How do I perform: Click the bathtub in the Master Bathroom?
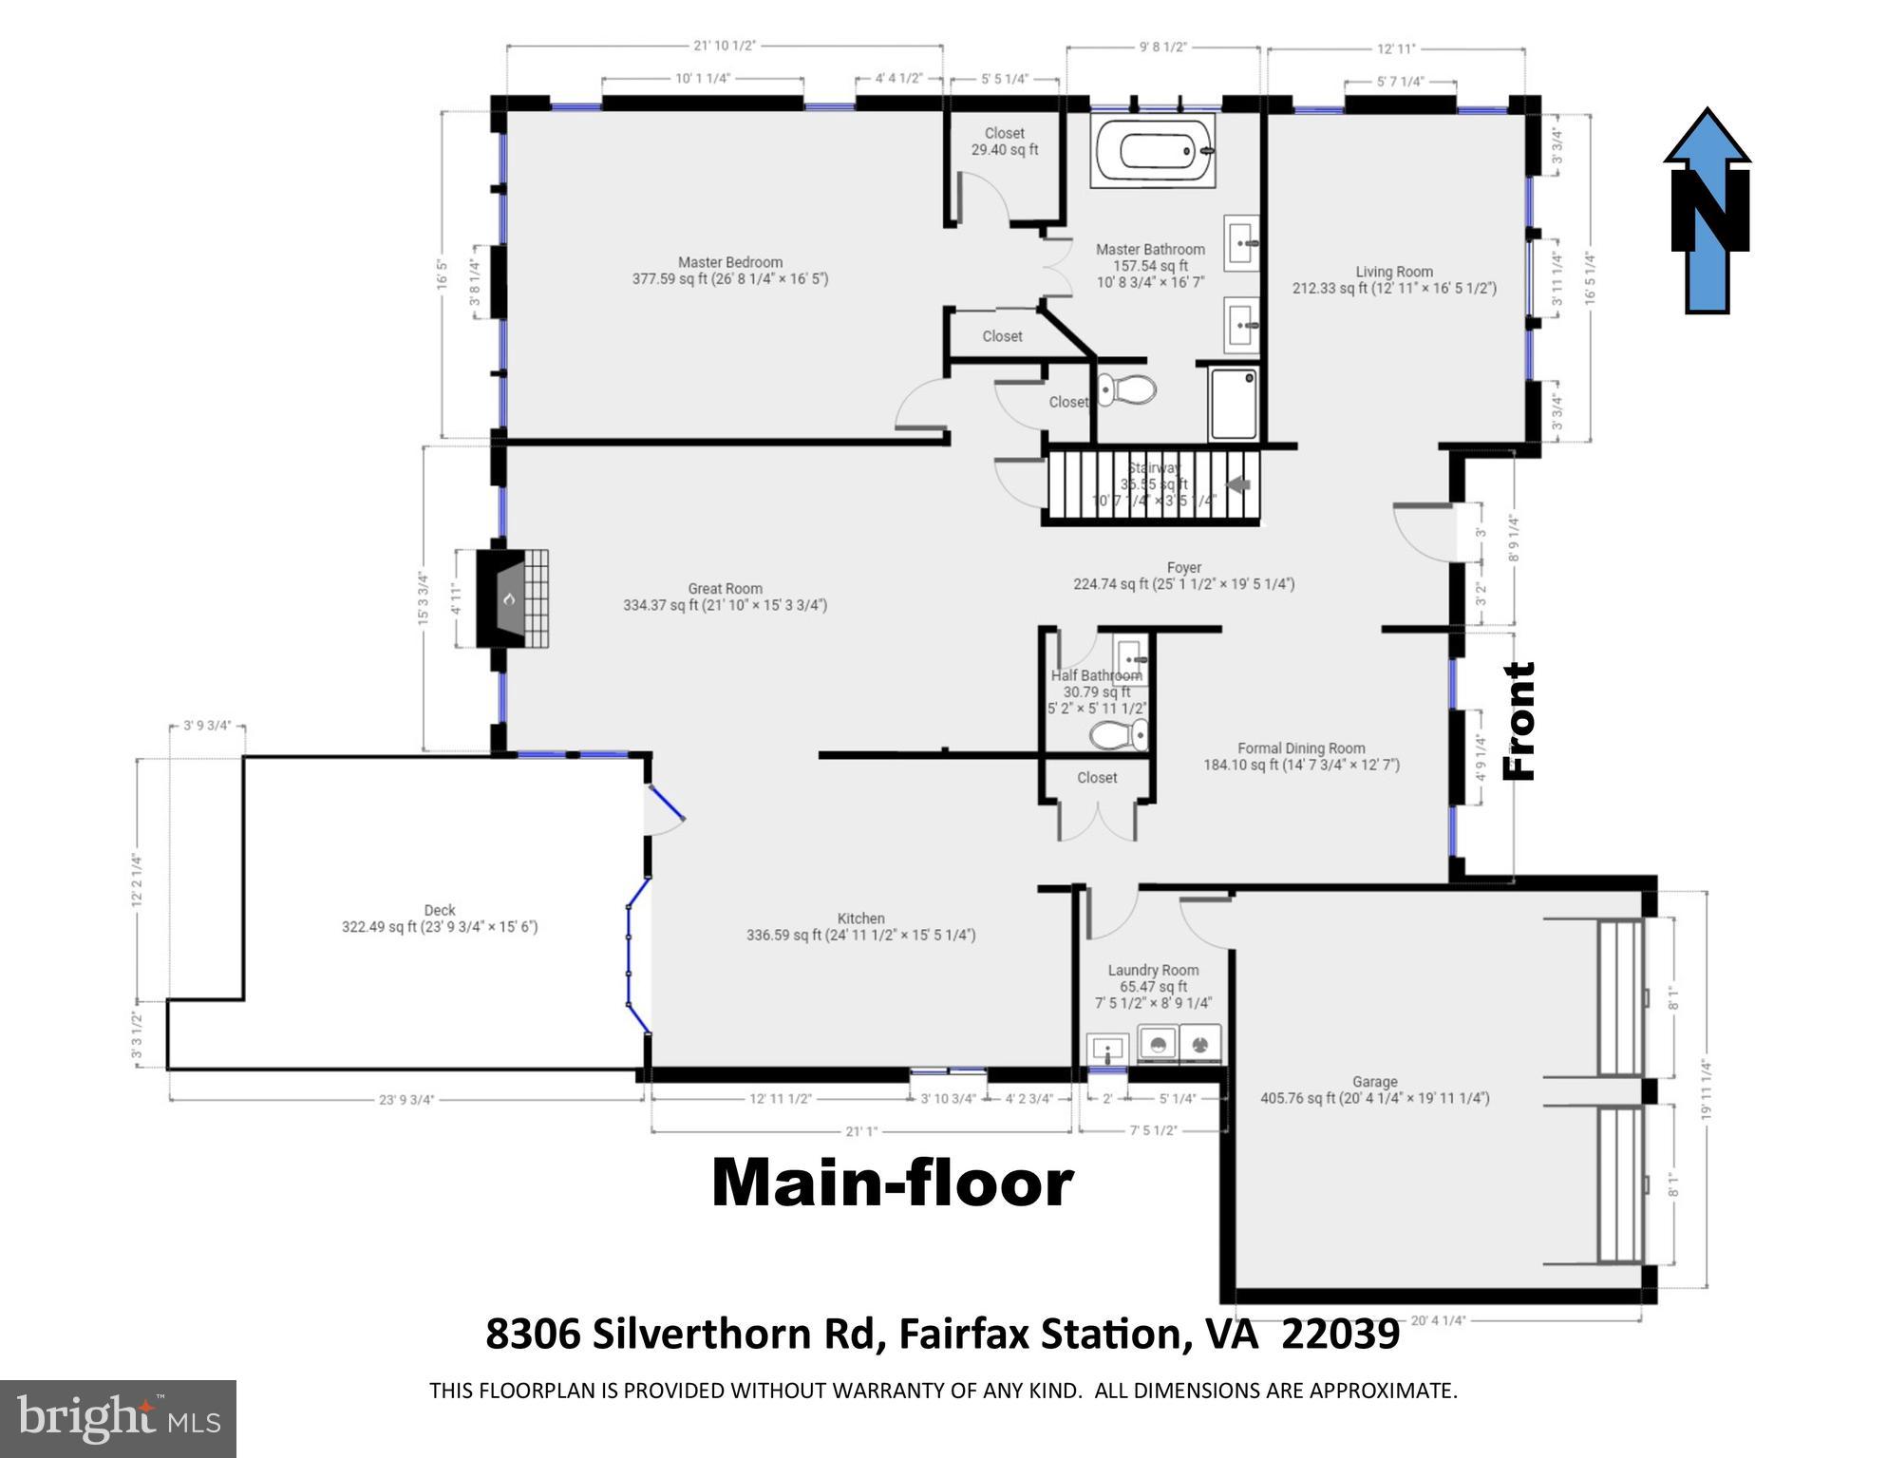[1153, 151]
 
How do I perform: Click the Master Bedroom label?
[729, 271]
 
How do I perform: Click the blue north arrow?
[1708, 211]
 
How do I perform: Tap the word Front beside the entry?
[1519, 722]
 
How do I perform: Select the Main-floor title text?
[892, 1184]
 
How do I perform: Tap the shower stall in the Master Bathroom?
[1234, 405]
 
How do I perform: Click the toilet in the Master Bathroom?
[1126, 389]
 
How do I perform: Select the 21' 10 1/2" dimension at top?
[725, 46]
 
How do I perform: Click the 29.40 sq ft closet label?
[1004, 142]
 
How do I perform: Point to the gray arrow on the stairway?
[1238, 484]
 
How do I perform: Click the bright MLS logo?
[118, 1418]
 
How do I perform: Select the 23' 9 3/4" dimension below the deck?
[406, 1100]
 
